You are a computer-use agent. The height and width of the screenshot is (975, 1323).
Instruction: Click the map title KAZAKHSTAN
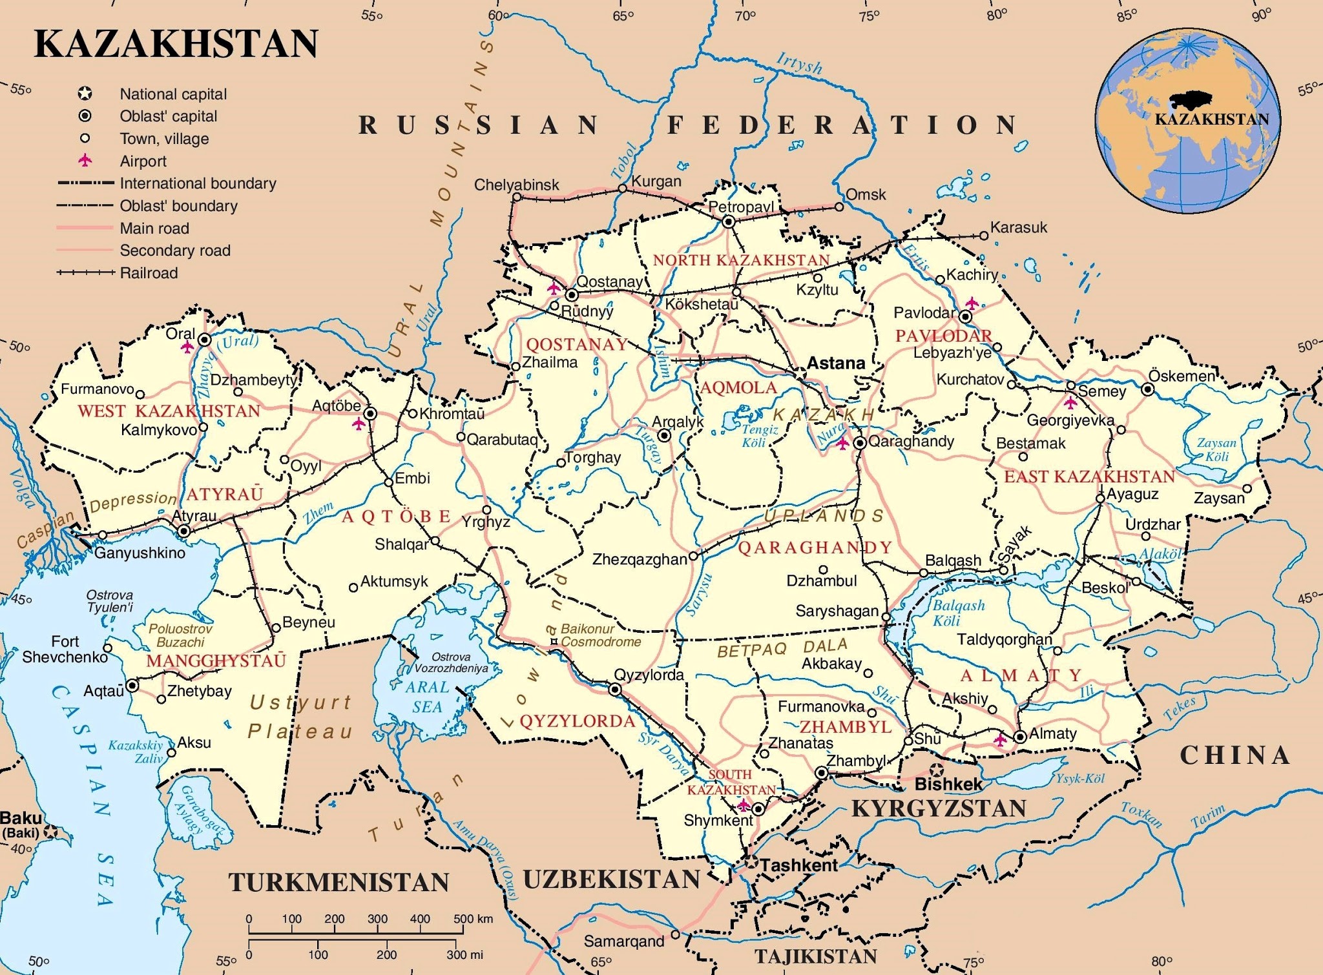176,44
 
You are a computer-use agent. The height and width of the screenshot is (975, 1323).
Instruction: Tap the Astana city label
836,364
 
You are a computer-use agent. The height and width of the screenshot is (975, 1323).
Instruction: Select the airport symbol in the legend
85,160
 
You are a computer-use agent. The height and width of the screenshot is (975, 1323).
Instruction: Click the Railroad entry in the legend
149,273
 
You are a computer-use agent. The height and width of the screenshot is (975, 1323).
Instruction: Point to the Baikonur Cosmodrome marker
554,641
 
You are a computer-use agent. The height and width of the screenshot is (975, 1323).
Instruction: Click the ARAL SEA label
427,697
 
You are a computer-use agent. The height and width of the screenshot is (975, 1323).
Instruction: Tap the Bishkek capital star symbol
936,770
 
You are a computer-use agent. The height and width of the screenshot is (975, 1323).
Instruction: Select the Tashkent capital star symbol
751,861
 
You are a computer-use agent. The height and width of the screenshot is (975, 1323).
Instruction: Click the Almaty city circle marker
1020,737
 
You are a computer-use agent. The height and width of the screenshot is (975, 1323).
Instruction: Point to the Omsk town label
866,194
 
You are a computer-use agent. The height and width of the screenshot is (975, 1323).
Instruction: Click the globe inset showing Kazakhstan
1187,121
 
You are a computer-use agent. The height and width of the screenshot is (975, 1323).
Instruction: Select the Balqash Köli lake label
958,613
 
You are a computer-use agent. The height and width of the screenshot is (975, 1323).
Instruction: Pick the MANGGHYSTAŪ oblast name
216,661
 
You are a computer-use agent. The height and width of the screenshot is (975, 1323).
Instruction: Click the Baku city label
21,819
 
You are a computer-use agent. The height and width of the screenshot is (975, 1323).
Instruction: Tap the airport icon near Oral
187,347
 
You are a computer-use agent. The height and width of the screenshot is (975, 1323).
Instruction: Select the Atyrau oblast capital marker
184,531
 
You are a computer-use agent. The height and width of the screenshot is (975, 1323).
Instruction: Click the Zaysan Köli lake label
1216,449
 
